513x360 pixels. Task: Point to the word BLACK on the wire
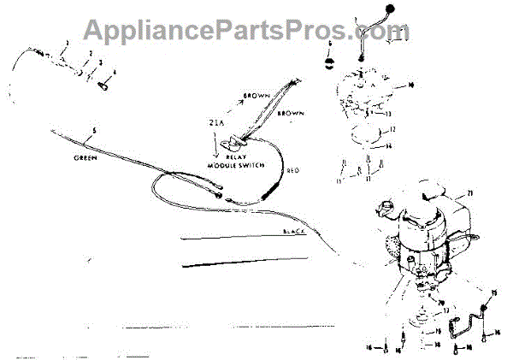(294, 233)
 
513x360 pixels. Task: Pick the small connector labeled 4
(103, 84)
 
